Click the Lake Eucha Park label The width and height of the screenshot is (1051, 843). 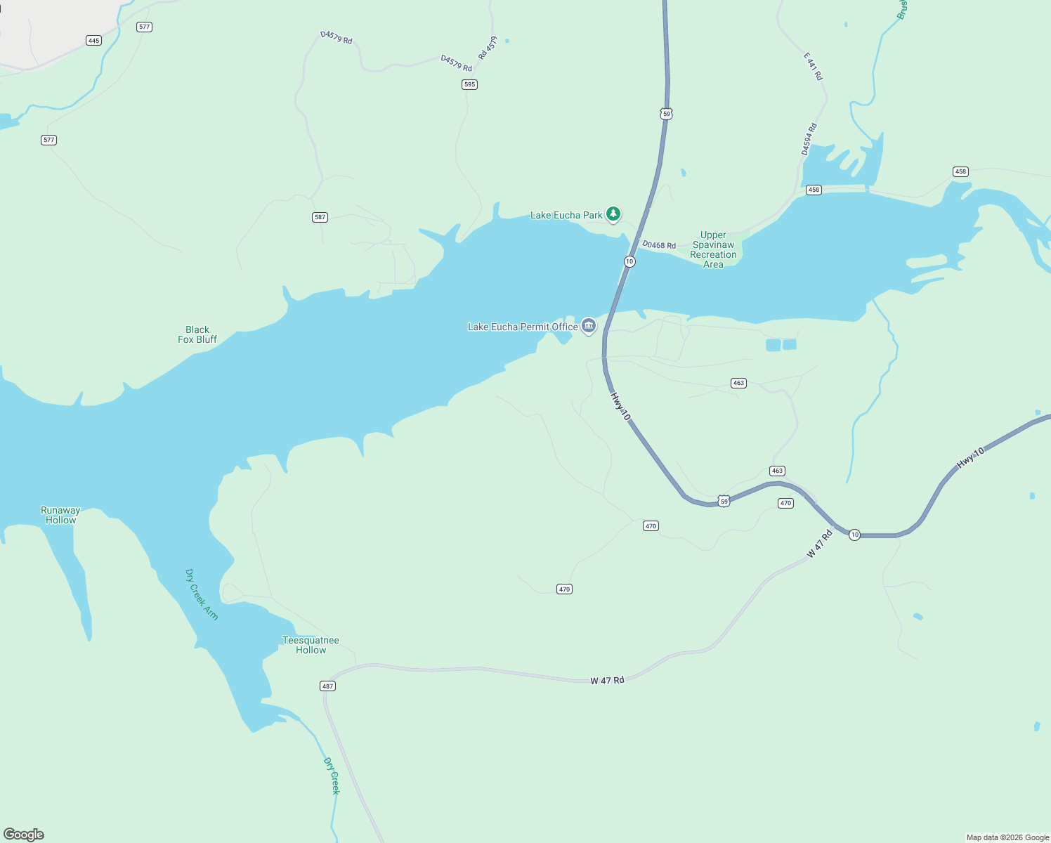coord(566,215)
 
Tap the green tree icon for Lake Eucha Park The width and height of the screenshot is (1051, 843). coord(613,214)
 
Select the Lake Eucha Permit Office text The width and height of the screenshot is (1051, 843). coord(522,327)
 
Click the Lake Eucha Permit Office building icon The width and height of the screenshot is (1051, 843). coord(589,326)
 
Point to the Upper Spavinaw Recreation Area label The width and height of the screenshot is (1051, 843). coord(713,249)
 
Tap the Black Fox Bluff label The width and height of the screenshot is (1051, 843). coord(197,334)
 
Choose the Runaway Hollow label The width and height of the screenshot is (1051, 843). coord(60,515)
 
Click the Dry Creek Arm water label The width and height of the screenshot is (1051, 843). coord(202,594)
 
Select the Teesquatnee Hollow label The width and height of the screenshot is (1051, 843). coord(311,645)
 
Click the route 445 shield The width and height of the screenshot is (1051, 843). coord(93,41)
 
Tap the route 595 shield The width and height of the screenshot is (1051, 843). coord(469,84)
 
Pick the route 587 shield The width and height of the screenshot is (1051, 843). coord(320,217)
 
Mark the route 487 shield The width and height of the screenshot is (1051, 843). coord(327,686)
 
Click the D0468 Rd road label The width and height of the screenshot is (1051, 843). coord(659,245)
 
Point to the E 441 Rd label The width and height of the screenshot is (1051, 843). coord(814,67)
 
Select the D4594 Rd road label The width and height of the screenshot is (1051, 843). coord(809,139)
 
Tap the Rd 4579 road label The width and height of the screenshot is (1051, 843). coord(488,48)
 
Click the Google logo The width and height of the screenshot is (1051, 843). coord(24,835)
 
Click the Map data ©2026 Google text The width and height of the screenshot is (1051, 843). coord(1007,837)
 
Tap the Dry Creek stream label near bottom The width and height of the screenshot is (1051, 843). coord(332,776)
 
